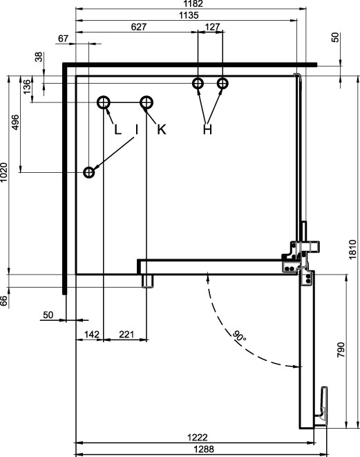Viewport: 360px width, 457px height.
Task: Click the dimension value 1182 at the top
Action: tap(193, 3)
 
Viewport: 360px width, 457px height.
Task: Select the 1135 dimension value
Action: tap(189, 15)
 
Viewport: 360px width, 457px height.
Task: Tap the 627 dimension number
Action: tap(139, 27)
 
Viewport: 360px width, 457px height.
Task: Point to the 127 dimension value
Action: tap(212, 27)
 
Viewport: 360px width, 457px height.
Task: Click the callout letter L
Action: tap(117, 129)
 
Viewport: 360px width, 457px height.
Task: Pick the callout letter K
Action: tap(162, 129)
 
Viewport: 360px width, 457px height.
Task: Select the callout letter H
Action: tap(207, 129)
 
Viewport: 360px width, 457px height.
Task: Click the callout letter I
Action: tap(136, 129)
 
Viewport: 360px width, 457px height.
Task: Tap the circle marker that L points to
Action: tap(104, 97)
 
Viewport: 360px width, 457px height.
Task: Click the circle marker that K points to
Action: tap(146, 97)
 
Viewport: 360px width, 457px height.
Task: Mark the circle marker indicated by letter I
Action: tap(89, 167)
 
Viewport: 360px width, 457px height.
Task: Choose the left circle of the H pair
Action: tap(198, 78)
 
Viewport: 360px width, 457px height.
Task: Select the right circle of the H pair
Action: tap(222, 78)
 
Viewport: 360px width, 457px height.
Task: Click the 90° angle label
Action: tap(239, 336)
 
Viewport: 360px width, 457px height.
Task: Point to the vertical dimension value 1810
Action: tap(352, 250)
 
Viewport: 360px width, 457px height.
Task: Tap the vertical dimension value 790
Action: tap(341, 350)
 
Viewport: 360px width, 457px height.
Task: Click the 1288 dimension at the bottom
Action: tap(204, 449)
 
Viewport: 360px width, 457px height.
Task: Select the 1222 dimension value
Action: tap(198, 438)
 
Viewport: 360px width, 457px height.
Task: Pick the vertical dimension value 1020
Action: tap(3, 173)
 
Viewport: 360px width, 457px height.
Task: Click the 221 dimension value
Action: tap(126, 335)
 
